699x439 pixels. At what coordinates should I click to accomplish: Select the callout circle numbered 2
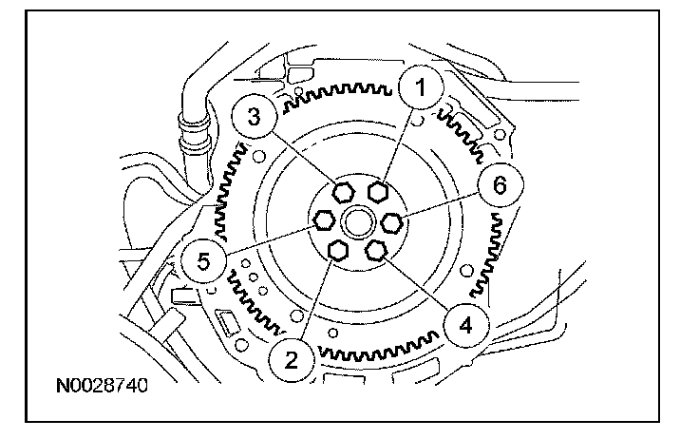[x=292, y=358]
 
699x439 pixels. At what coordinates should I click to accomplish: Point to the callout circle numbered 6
[x=500, y=188]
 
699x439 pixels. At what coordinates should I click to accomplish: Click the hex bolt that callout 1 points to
[x=378, y=192]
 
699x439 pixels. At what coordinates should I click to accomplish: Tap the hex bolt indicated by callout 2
[x=335, y=249]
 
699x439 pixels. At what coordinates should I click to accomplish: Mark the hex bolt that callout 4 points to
[x=376, y=249]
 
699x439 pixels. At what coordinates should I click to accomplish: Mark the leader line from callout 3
[x=301, y=155]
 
